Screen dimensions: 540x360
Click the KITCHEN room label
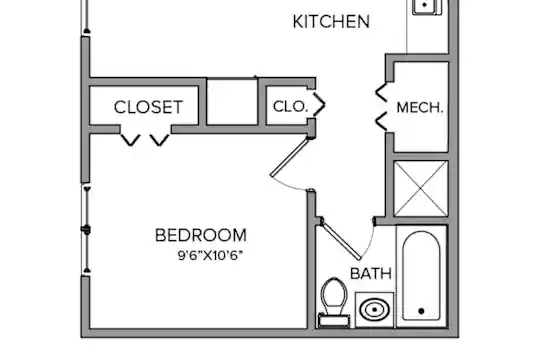331,22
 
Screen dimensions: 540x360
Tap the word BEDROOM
201,235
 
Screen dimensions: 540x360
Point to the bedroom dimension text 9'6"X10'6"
210,256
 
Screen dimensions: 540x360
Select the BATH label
371,274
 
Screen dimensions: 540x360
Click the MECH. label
420,108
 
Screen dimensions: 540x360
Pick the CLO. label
290,106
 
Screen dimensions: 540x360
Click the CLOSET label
148,107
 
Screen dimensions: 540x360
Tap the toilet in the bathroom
334,302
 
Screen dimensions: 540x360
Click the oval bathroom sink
374,310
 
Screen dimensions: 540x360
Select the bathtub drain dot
421,311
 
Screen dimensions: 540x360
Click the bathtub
422,276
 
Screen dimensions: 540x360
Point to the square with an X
420,188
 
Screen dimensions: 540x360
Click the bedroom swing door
290,157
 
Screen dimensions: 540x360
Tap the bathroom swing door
341,239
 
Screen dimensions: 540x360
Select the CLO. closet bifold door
320,104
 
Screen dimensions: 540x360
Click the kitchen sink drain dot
425,5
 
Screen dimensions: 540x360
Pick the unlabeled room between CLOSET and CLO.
232,102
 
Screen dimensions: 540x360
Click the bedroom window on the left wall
86,230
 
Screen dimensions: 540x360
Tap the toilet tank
334,321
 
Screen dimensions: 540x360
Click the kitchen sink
427,7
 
